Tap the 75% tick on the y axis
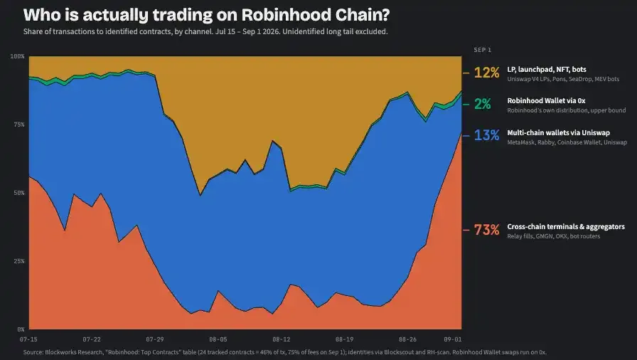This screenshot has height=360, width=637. click(19, 125)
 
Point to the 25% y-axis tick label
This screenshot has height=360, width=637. click(19, 261)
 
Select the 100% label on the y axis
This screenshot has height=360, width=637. click(18, 56)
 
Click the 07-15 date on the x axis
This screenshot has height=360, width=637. click(28, 339)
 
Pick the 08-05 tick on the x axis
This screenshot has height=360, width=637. click(218, 339)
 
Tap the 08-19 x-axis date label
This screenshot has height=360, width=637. click(345, 339)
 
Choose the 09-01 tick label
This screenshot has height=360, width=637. click(453, 339)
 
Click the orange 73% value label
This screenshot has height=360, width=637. click(487, 230)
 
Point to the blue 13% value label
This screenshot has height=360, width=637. click(487, 135)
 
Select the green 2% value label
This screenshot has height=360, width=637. click(483, 104)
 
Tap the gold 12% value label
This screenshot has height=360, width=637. click(487, 73)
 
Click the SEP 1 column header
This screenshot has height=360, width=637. click(482, 50)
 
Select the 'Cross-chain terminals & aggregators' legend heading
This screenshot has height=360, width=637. click(566, 227)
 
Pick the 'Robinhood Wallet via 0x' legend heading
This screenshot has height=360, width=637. click(546, 100)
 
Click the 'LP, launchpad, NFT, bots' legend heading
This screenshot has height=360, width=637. click(547, 70)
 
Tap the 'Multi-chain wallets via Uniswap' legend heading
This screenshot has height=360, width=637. click(558, 132)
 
